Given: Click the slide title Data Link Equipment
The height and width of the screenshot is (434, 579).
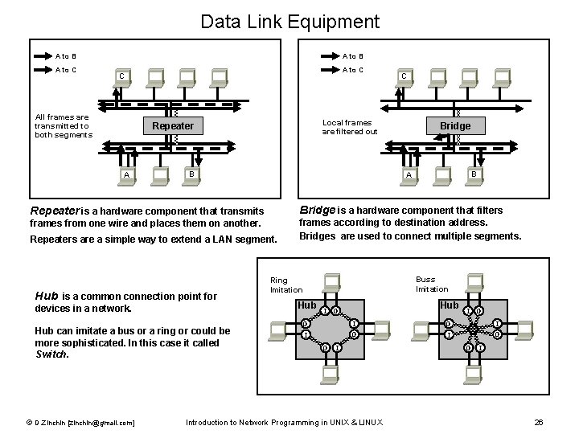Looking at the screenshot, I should (x=289, y=21).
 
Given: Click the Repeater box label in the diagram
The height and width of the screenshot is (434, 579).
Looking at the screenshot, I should (x=172, y=126).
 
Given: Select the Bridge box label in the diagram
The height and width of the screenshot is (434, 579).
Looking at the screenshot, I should (x=455, y=126).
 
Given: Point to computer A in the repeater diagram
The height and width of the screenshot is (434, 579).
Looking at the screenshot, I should (x=126, y=174).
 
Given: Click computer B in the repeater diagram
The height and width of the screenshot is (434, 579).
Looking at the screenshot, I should (x=190, y=174).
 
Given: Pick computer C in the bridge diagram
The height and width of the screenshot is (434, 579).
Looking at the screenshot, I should (x=403, y=78).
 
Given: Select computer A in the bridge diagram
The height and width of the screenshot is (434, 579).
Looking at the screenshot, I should (x=409, y=174).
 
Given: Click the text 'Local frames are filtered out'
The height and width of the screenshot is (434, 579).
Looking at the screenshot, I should (x=350, y=127).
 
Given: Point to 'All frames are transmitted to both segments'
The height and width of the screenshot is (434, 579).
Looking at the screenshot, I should (x=62, y=126).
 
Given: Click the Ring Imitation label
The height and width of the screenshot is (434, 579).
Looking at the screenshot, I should (x=286, y=285).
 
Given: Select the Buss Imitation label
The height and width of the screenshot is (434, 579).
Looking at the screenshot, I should (x=432, y=284).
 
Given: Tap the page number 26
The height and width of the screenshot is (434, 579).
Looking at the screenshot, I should (x=539, y=422).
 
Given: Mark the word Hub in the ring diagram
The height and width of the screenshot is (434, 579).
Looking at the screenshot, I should (x=307, y=305).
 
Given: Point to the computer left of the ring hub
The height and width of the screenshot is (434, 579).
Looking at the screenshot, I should (x=279, y=329).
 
